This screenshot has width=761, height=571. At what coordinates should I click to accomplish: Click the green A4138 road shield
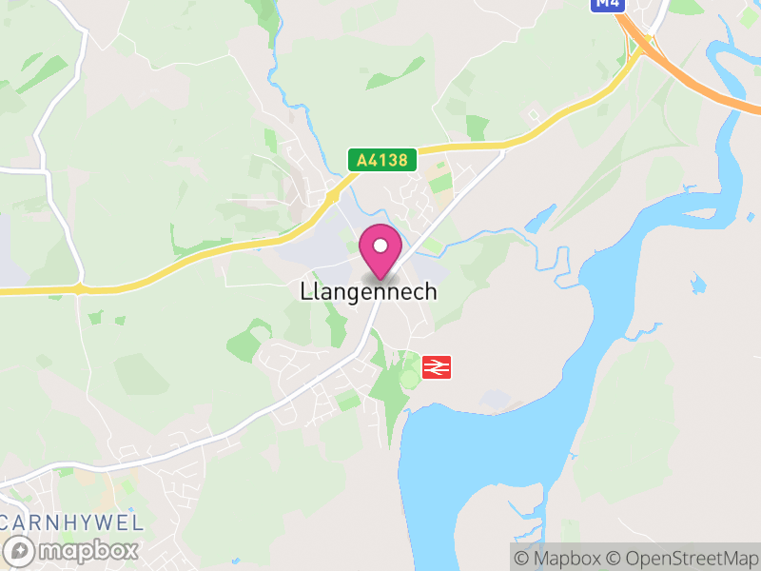382,160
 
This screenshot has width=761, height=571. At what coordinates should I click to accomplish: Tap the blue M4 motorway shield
607,4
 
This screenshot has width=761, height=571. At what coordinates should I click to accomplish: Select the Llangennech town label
369,292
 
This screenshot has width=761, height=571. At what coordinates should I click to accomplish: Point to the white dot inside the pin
380,246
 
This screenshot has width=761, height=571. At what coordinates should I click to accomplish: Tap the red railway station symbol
436,366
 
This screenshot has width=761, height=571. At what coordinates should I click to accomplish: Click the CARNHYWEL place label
72,522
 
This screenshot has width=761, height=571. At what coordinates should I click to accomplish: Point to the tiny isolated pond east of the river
700,283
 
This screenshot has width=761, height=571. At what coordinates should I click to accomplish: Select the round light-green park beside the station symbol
410,379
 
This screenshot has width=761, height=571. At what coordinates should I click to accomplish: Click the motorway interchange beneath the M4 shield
648,43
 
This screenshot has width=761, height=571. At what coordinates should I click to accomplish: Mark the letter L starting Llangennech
304,292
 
